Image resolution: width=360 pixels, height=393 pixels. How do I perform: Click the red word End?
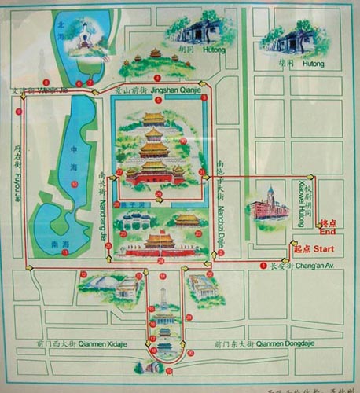pyautogui.click(x=329, y=233)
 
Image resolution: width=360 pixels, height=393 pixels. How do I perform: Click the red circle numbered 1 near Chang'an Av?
pyautogui.click(x=263, y=266)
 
